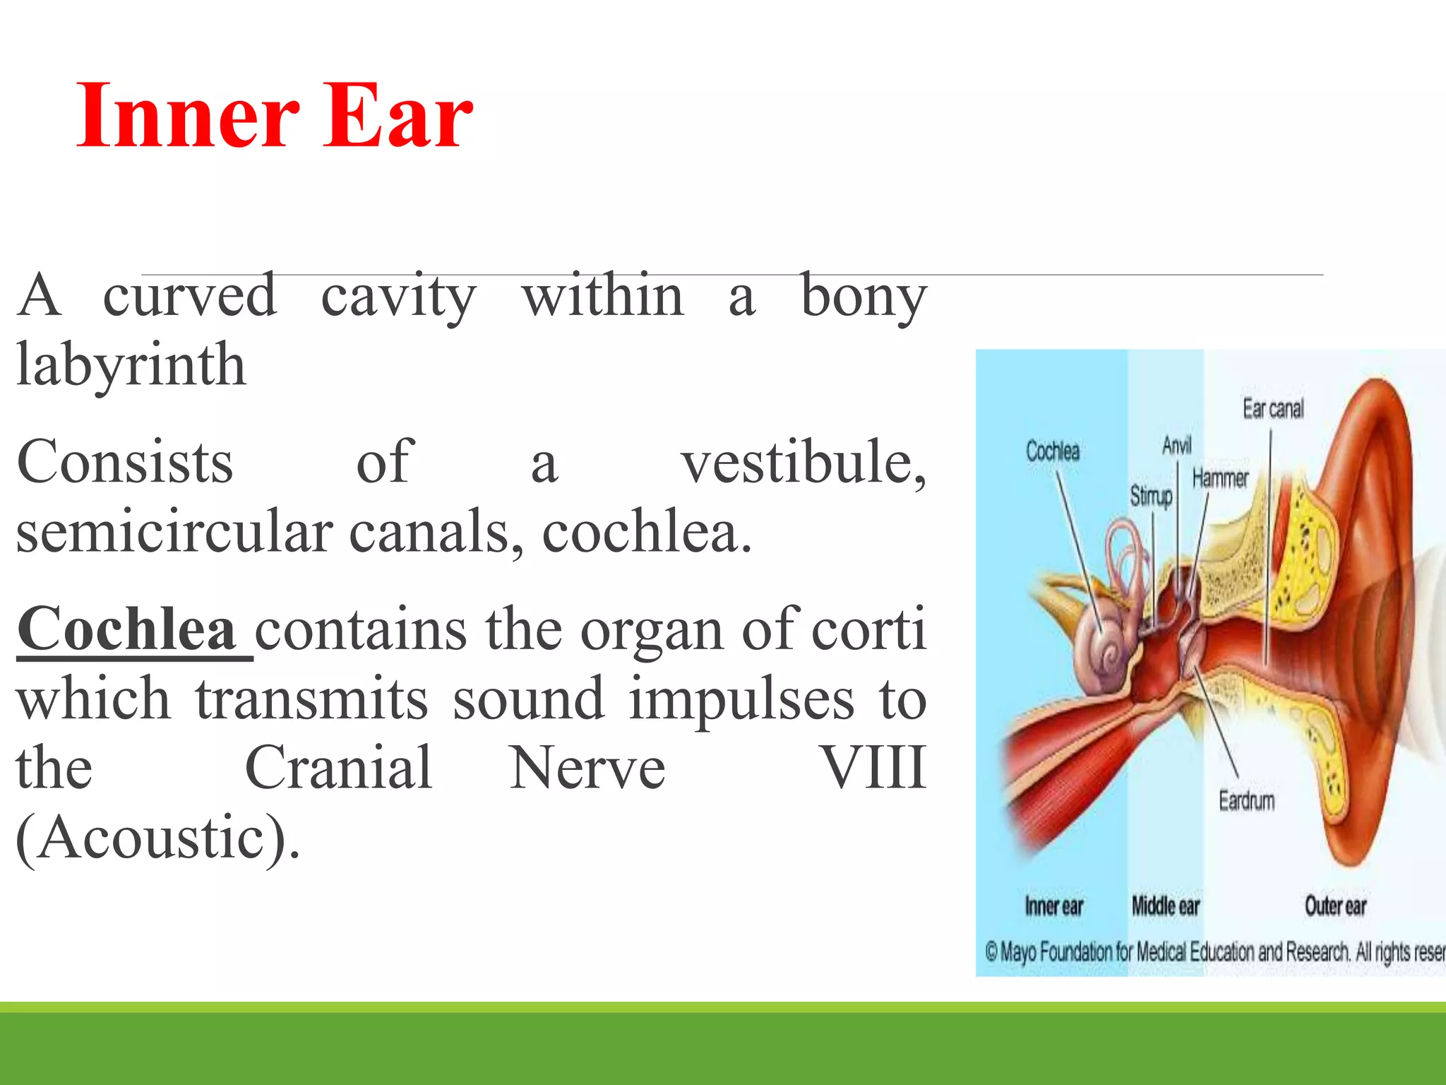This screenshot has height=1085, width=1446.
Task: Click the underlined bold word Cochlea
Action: tap(127, 629)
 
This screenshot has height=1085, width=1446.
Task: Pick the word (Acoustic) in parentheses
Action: tap(157, 838)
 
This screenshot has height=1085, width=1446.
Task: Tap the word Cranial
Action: tap(338, 769)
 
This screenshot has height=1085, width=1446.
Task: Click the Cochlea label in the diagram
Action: tap(1052, 451)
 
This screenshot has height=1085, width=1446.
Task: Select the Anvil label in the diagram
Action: tap(1176, 446)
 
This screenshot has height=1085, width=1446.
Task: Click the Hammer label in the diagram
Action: tap(1220, 479)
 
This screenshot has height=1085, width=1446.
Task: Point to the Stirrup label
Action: tap(1151, 496)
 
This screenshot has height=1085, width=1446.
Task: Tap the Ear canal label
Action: tap(1273, 409)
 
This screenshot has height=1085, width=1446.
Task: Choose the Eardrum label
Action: tap(1246, 801)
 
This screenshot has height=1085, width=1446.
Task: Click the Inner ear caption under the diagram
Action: tap(1053, 906)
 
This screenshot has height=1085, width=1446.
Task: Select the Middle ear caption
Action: tap(1165, 906)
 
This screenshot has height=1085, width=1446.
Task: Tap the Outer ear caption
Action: tap(1335, 906)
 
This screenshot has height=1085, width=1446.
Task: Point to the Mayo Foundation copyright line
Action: tap(1214, 952)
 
